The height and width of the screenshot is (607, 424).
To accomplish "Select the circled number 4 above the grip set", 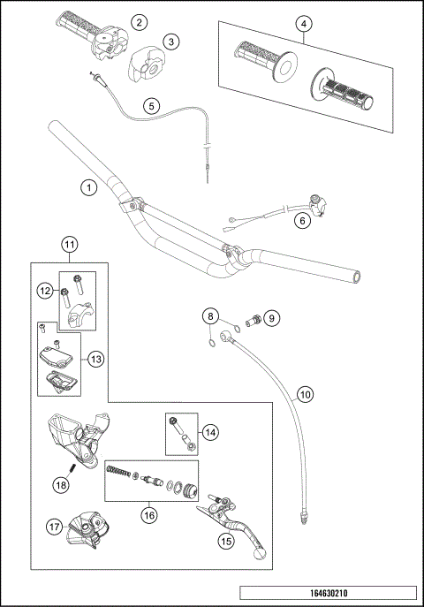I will tap(304, 24).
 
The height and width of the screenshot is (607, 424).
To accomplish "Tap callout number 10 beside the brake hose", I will tap(304, 396).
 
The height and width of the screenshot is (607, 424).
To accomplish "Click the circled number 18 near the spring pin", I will tap(61, 483).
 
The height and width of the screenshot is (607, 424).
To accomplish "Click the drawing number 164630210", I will tap(329, 594).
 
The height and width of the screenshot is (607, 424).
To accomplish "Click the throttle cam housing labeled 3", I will tap(143, 64).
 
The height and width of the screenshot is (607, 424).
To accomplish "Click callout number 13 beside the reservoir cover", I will tap(96, 359).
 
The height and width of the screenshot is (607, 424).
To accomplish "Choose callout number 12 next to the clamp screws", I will tap(45, 290).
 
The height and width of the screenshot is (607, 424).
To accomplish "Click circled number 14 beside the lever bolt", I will tap(210, 432).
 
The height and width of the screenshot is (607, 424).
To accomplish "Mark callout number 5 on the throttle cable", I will tap(152, 105).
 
